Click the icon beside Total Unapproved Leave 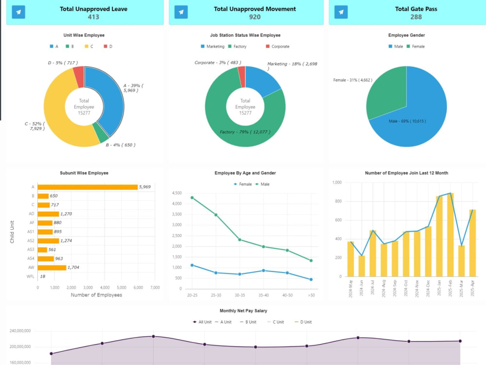18,12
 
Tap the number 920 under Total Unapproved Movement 255,17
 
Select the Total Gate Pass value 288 416,17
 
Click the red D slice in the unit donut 79,76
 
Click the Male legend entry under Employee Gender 396,47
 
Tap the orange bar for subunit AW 52,268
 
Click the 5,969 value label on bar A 145,187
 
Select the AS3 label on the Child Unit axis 30,250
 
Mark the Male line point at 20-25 192,198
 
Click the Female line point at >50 311,279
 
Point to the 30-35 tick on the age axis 240,295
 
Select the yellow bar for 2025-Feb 450,235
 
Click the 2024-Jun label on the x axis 362,288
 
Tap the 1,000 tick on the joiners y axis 337,182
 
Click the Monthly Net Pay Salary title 243,310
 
